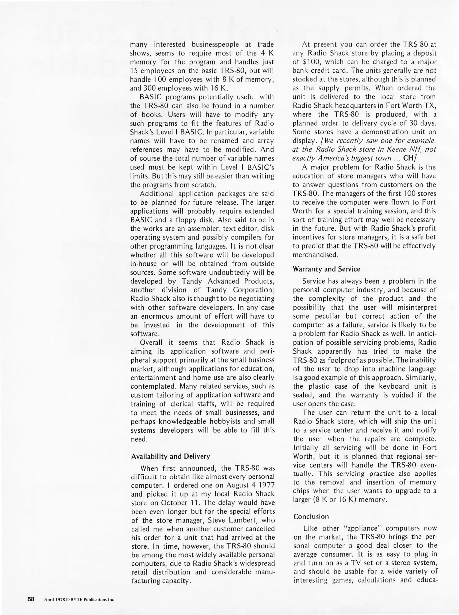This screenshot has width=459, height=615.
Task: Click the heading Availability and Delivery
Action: click(x=170, y=456)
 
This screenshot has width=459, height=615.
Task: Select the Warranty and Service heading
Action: click(x=326, y=269)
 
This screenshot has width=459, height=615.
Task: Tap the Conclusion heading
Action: click(x=311, y=516)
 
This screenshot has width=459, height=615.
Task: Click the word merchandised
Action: click(x=315, y=255)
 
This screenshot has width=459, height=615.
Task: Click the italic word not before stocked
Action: click(x=431, y=71)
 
